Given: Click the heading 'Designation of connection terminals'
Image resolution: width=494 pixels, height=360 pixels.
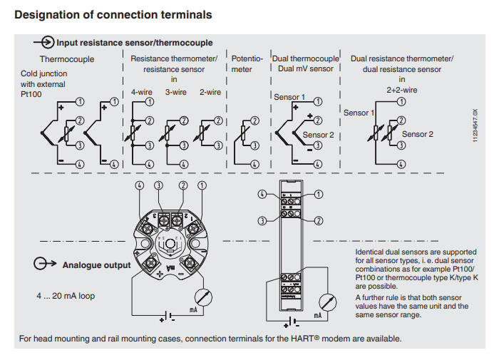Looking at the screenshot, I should (113, 14).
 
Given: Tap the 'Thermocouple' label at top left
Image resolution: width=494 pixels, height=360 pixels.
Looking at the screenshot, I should (67, 60).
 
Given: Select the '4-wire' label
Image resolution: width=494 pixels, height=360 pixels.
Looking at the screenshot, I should (141, 92).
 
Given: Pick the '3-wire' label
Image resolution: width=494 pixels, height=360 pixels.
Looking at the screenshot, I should (176, 92).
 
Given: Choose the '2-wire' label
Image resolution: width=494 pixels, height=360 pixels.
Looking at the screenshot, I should (210, 92).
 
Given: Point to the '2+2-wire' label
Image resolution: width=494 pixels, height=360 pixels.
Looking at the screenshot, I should (401, 91).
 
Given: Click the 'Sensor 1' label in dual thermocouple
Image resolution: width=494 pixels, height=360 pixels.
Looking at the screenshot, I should (289, 97).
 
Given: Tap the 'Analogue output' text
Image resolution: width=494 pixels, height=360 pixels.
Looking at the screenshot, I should (97, 265).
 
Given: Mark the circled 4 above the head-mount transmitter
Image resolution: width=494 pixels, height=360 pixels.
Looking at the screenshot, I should (140, 186).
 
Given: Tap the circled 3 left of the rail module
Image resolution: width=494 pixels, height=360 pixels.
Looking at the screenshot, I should (264, 220).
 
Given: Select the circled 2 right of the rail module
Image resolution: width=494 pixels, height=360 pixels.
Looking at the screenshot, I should (318, 220).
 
